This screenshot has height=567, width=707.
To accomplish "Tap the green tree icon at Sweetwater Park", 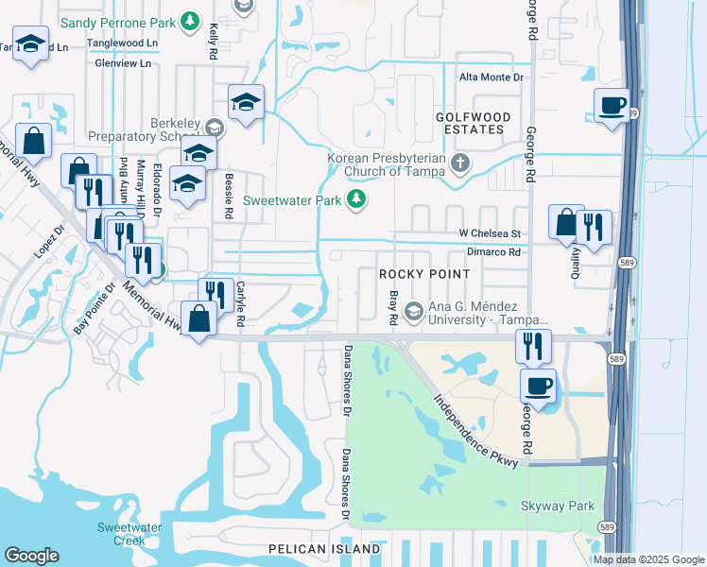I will [x=356, y=199].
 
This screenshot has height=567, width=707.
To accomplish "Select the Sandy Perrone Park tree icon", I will [x=190, y=20].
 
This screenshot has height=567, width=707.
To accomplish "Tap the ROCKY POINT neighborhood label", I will [x=424, y=274].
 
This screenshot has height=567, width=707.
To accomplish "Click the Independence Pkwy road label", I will [x=476, y=426].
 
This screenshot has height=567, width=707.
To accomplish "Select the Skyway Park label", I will [x=558, y=507].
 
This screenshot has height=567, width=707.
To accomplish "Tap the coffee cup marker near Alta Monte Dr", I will [x=612, y=104].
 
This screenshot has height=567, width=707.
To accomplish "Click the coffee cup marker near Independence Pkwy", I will [x=538, y=386].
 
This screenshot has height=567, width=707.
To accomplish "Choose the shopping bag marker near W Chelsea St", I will [x=565, y=222].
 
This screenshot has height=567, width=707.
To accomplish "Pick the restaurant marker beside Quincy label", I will [x=593, y=228].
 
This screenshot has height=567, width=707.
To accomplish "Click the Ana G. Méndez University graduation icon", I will [x=414, y=310].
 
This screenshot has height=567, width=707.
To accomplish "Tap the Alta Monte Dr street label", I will [x=491, y=78].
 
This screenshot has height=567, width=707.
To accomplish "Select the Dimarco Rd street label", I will [x=493, y=253].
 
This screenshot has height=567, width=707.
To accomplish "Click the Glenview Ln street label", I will [x=123, y=63].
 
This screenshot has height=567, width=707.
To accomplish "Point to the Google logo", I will [x=32, y=556].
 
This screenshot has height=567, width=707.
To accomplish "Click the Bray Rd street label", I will [x=391, y=310].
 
